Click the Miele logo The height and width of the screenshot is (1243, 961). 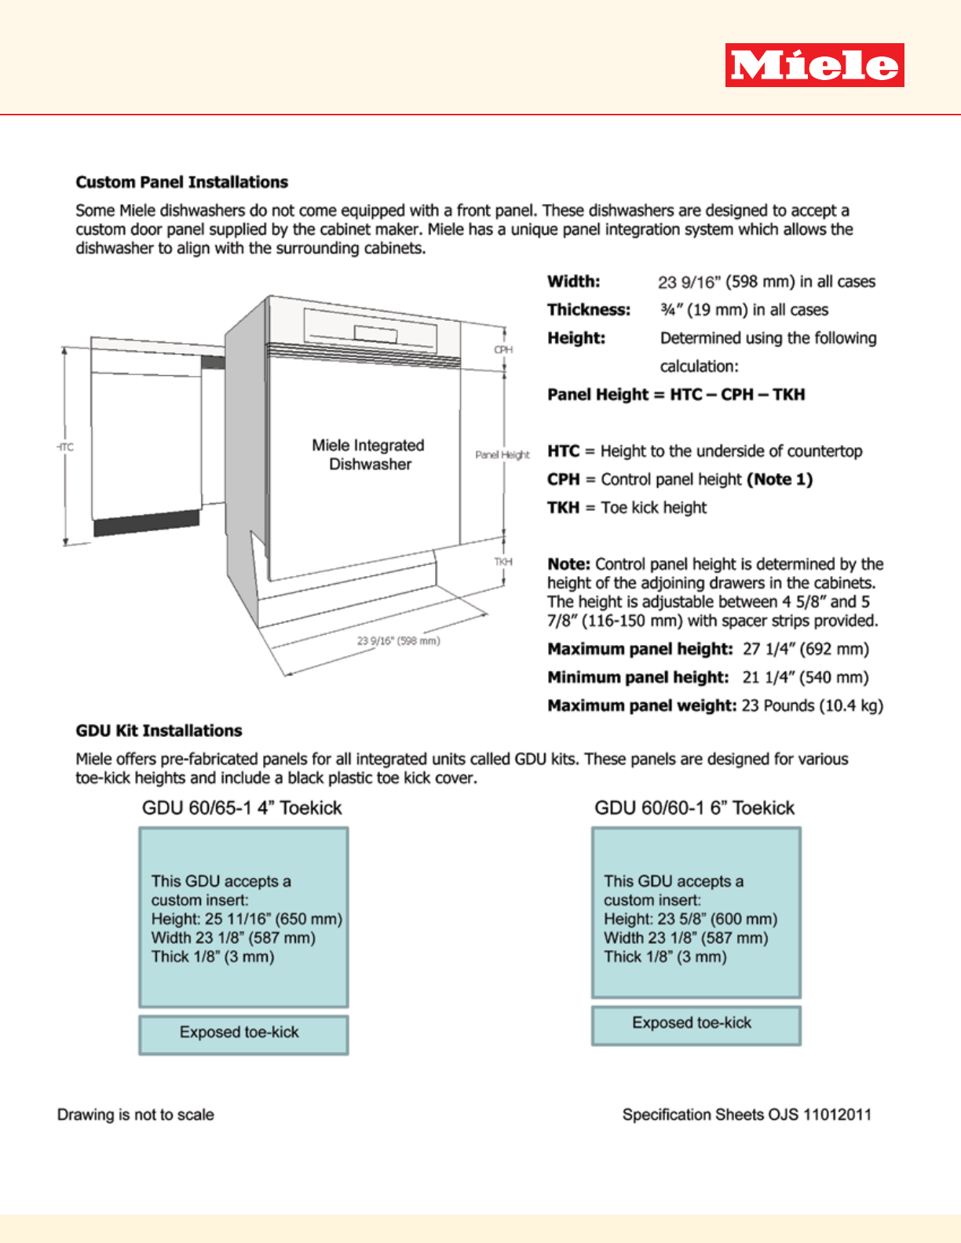[x=814, y=65]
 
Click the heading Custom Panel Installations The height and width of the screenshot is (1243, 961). [x=181, y=182]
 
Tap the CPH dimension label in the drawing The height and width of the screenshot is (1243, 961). [x=503, y=350]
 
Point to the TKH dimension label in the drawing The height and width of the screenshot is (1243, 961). [x=503, y=562]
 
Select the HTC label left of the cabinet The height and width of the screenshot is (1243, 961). [x=66, y=447]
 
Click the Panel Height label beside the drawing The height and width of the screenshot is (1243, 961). [x=502, y=455]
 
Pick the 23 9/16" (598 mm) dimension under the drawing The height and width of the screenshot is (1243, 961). [x=398, y=641]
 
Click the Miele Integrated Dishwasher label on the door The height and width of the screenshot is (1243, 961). [x=368, y=454]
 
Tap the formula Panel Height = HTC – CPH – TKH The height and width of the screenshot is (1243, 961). [x=676, y=395]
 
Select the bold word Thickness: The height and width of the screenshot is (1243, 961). [x=589, y=310]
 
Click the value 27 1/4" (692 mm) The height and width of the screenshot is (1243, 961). [x=806, y=649]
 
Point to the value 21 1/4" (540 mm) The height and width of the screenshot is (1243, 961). [x=806, y=677]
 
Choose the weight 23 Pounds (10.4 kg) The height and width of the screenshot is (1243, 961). [x=812, y=705]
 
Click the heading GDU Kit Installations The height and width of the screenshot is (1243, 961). [x=159, y=731]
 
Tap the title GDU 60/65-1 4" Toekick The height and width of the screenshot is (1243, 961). [x=242, y=808]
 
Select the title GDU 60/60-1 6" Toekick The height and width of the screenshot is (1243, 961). [x=694, y=808]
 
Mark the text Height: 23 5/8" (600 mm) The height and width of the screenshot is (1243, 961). [x=690, y=919]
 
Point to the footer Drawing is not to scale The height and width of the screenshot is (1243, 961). [x=136, y=1115]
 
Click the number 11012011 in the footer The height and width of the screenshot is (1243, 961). [x=837, y=1115]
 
